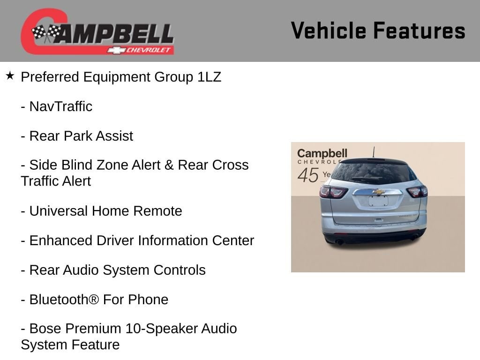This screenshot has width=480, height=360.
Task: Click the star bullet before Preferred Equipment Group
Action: [x=10, y=75]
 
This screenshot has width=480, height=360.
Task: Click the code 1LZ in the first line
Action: [x=209, y=77]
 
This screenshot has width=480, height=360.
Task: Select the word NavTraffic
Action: [x=61, y=106]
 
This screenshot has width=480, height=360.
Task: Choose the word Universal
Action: [x=58, y=211]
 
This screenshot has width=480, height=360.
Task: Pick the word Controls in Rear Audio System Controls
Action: [x=180, y=270]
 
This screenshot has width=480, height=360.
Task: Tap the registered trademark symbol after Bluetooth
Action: [x=94, y=300]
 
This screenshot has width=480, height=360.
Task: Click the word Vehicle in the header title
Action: [x=329, y=30]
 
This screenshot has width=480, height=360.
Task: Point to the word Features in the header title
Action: [x=419, y=30]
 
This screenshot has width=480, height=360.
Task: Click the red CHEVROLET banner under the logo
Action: [x=141, y=50]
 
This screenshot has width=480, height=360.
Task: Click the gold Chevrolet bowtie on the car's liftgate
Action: [x=379, y=192]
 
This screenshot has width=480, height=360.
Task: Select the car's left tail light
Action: [x=333, y=192]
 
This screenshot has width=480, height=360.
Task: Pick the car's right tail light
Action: [x=417, y=192]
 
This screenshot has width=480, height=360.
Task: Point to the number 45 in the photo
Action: [x=308, y=175]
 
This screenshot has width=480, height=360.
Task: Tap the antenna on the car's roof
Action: [x=374, y=152]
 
